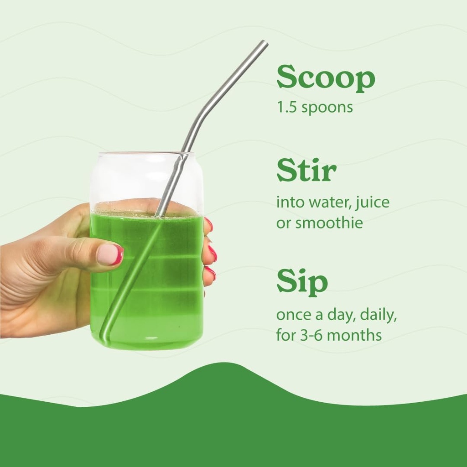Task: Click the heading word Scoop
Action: [326, 78]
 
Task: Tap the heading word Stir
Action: [306, 171]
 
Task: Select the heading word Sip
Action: [302, 283]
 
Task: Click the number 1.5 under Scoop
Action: [285, 108]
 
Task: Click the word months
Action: [354, 336]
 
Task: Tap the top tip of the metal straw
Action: [264, 44]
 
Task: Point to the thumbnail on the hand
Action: [109, 254]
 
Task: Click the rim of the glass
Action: [146, 153]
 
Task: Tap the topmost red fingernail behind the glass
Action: [209, 224]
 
